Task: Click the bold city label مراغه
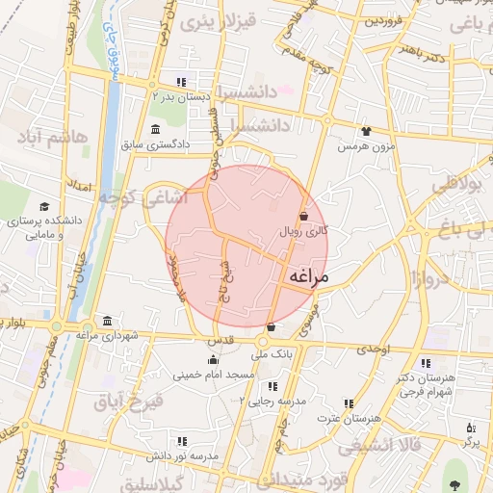(308, 277)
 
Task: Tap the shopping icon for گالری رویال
(304, 216)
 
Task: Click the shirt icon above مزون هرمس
(366, 132)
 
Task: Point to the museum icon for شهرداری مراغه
(106, 321)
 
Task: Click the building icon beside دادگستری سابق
(156, 130)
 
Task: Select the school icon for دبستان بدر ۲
(181, 81)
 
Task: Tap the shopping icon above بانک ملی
(271, 327)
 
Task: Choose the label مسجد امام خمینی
(213, 375)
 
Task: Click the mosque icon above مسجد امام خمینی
(213, 360)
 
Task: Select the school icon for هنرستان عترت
(349, 404)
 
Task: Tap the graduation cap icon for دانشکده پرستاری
(43, 206)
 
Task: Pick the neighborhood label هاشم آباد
(54, 137)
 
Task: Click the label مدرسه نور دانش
(187, 454)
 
